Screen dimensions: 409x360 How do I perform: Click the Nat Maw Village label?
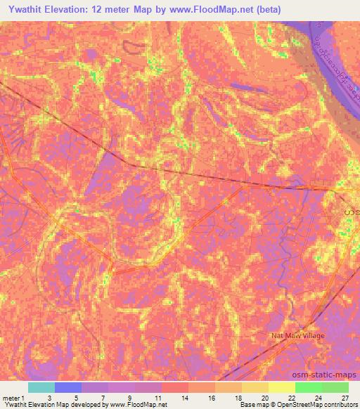298,336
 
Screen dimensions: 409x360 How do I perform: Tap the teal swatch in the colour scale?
41,387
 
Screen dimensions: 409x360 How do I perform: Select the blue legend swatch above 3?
68,387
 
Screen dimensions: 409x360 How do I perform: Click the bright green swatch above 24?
308,387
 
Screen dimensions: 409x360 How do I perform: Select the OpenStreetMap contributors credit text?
314,405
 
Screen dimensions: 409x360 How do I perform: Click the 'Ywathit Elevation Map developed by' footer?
53,405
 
